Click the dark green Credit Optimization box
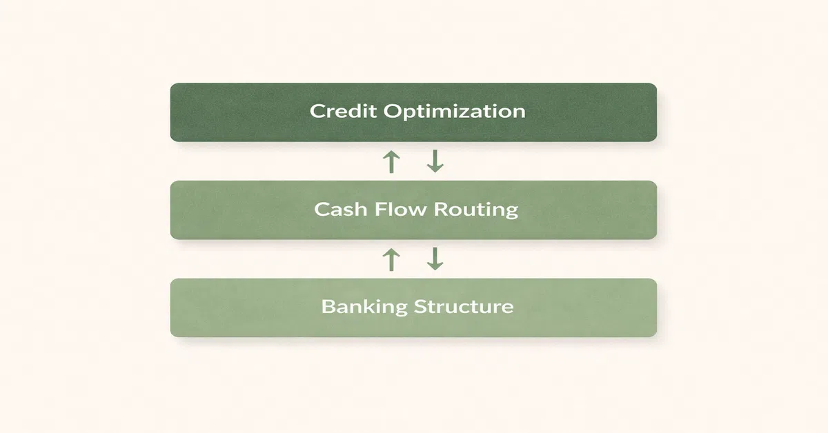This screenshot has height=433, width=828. pyautogui.click(x=413, y=112)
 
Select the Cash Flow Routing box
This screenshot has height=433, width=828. pyautogui.click(x=413, y=210)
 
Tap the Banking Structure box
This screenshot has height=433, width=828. pyautogui.click(x=413, y=308)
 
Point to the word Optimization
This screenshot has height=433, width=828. pyautogui.click(x=454, y=112)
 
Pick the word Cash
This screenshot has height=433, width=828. pyautogui.click(x=340, y=209)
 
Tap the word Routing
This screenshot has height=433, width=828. pyautogui.click(x=476, y=210)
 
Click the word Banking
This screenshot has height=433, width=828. pyautogui.click(x=364, y=307)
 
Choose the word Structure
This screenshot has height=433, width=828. pyautogui.click(x=464, y=307)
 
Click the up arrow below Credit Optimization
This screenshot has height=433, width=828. pyautogui.click(x=391, y=162)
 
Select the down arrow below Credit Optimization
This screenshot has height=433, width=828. pyautogui.click(x=435, y=161)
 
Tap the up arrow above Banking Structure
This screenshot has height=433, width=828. pyautogui.click(x=391, y=259)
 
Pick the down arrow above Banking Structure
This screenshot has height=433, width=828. pyautogui.click(x=435, y=259)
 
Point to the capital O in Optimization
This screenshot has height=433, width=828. pyautogui.click(x=392, y=111)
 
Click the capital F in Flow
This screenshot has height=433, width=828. pyautogui.click(x=380, y=209)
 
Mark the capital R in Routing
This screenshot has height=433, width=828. pyautogui.click(x=440, y=210)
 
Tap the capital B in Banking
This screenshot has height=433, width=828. pyautogui.click(x=328, y=307)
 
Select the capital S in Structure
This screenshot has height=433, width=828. pyautogui.click(x=420, y=307)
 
